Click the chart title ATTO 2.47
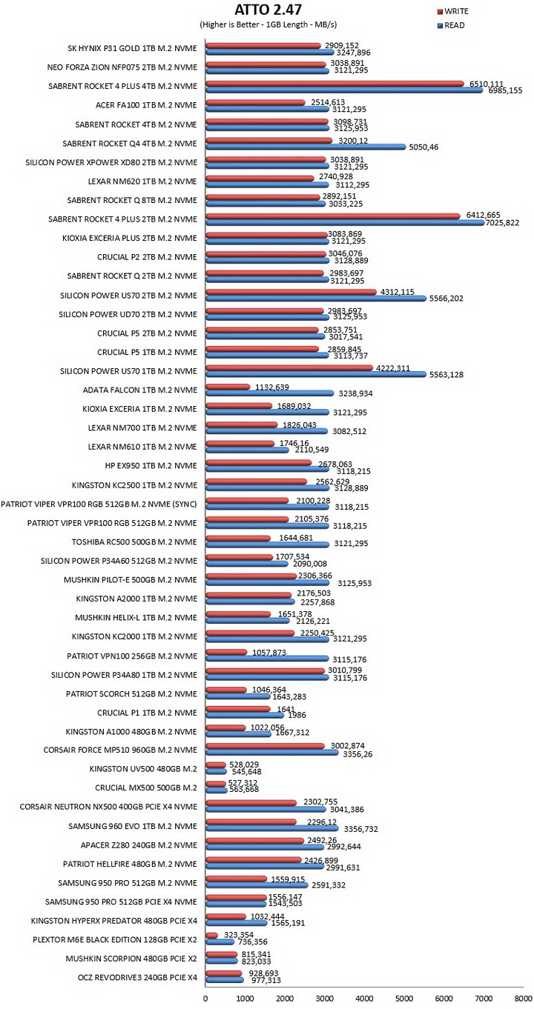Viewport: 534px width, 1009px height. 268,9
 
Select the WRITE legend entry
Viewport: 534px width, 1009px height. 453,11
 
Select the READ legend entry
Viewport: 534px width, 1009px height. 451,25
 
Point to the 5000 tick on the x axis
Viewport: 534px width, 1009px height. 404,998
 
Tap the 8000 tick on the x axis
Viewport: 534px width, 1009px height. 523,998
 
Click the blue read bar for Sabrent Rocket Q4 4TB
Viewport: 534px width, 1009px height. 306,147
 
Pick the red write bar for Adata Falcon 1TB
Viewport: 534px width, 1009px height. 228,387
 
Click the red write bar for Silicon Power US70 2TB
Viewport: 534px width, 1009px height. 291,292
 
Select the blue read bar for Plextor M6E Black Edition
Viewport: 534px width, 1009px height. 220,942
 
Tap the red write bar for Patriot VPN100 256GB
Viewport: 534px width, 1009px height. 226,652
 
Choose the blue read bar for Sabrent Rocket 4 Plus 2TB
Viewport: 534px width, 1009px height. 345,222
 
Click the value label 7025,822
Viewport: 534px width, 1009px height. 502,222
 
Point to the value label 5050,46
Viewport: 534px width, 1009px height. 423,147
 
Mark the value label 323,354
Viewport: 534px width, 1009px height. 239,935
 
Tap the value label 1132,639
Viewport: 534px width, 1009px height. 272,387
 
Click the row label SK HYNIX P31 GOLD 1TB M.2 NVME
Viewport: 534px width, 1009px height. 132,48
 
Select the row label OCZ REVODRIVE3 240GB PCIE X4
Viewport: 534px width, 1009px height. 137,977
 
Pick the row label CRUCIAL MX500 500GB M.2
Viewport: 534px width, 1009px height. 146,787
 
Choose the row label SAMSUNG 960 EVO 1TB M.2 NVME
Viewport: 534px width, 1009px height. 133,826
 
